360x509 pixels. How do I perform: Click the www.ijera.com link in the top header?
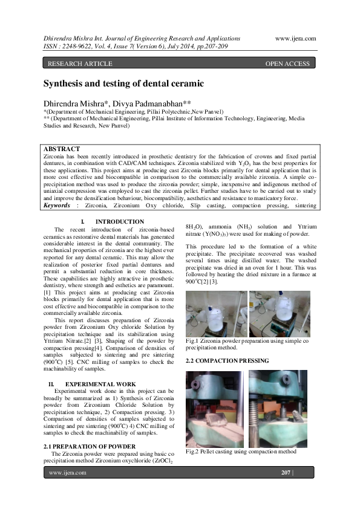coord(295,37)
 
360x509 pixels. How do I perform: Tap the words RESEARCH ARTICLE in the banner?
coord(80,63)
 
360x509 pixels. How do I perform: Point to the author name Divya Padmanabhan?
coord(166,103)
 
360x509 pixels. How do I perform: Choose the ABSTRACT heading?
coord(62,149)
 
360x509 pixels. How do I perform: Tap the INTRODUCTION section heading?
coord(120,222)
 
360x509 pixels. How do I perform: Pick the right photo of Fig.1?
coord(280,313)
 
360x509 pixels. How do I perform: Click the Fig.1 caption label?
coord(194,342)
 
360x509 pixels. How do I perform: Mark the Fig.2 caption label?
coord(194,451)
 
